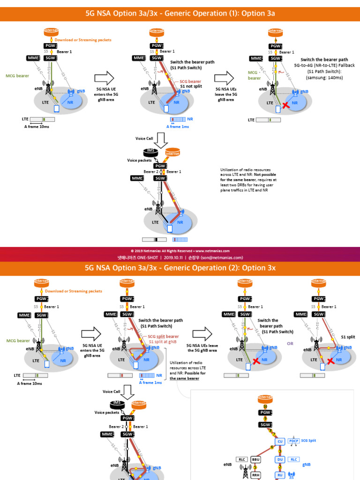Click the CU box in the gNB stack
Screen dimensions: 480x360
coord(280,441)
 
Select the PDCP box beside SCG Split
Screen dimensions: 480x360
coord(293,441)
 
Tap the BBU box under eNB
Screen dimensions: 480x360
coord(255,459)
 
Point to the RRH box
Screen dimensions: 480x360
coord(255,475)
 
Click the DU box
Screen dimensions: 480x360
coord(280,459)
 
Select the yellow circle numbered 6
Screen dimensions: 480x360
coord(271,447)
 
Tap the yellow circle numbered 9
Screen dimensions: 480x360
coord(265,419)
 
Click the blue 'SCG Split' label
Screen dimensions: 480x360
coord(312,441)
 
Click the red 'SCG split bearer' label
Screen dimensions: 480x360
coord(163,337)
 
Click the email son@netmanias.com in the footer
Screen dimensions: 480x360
coord(225,257)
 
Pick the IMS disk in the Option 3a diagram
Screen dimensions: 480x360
coord(150,151)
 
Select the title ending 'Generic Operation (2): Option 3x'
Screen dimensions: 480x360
coord(180,268)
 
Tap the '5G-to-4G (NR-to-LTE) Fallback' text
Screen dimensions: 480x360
coord(324,66)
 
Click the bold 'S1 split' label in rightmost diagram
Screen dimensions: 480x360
coord(348,337)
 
